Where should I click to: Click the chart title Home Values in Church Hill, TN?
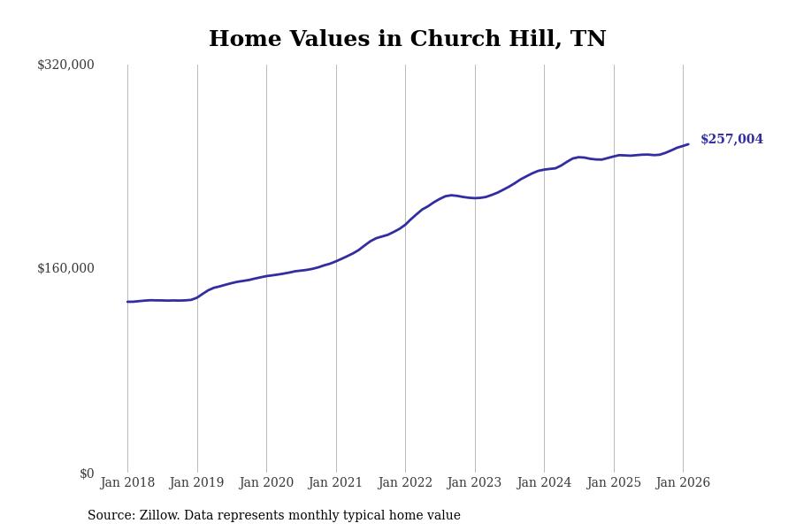click(407, 40)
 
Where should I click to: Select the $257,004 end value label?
click(731, 140)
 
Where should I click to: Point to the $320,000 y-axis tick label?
click(65, 65)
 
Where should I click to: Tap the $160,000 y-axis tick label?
click(65, 268)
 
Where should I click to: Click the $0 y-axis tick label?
click(86, 473)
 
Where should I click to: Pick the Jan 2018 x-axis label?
click(127, 483)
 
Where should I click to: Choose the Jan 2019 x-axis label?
click(196, 483)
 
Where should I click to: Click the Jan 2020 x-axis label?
click(266, 483)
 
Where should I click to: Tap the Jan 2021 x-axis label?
click(335, 483)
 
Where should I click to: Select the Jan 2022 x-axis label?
click(405, 483)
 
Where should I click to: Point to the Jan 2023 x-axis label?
click(474, 483)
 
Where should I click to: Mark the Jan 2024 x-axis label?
click(544, 483)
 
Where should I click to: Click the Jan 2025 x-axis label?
click(614, 483)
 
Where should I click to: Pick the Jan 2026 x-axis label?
click(683, 483)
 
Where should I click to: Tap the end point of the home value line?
click(688, 144)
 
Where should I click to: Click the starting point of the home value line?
click(127, 302)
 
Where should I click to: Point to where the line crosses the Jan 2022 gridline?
click(405, 224)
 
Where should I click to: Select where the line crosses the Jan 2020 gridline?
click(266, 276)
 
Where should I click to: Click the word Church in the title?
click(453, 40)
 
